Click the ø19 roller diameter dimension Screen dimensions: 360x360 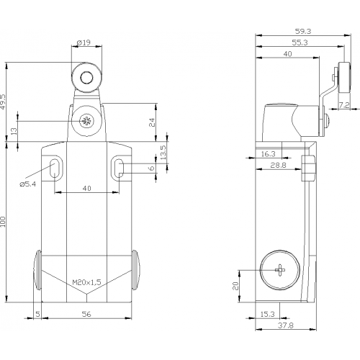pyautogui.click(x=84, y=42)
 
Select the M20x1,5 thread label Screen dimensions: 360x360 pyautogui.click(x=86, y=282)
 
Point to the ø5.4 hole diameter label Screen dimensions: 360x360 pyautogui.click(x=28, y=184)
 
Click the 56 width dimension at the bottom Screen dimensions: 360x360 pyautogui.click(x=86, y=314)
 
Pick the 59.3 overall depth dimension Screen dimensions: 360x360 pyautogui.click(x=303, y=31)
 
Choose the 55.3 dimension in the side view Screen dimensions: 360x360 pyautogui.click(x=300, y=42)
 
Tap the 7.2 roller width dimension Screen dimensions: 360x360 pyautogui.click(x=344, y=105)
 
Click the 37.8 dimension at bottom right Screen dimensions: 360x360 pyautogui.click(x=286, y=325)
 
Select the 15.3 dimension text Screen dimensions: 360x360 pyautogui.click(x=267, y=314)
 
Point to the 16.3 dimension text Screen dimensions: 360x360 pyautogui.click(x=268, y=154)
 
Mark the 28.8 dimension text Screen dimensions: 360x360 pyautogui.click(x=278, y=165)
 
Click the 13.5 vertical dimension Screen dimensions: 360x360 pyautogui.click(x=163, y=153)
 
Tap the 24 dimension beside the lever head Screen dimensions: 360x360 pyautogui.click(x=152, y=122)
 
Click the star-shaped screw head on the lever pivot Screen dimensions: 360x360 pyautogui.click(x=85, y=121)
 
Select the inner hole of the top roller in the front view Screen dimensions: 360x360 pyautogui.click(x=86, y=77)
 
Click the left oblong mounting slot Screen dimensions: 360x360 pyautogui.click(x=55, y=168)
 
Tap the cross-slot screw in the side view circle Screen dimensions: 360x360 pyautogui.click(x=280, y=270)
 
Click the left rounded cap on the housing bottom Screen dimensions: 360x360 pyautogui.click(x=37, y=270)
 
